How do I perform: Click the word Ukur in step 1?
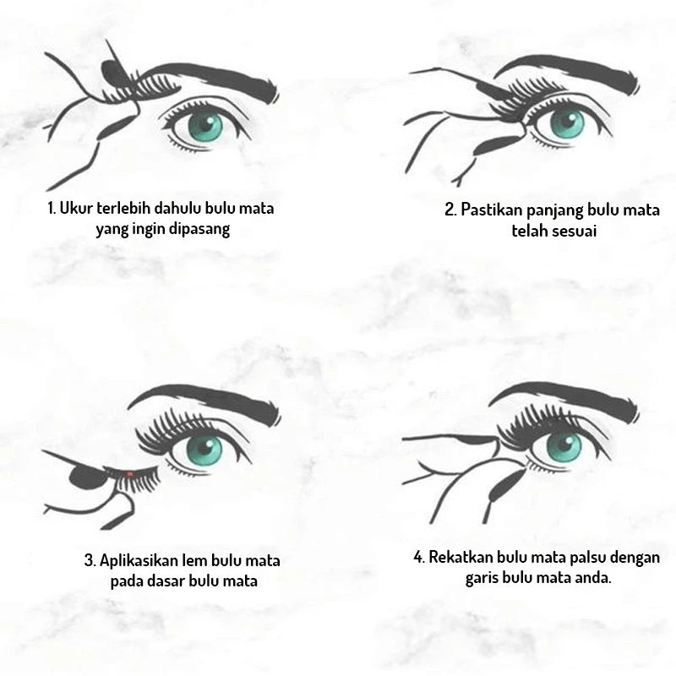[76, 208]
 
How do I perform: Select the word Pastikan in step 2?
[492, 210]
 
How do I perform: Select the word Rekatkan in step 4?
[461, 557]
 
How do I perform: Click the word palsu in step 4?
[587, 558]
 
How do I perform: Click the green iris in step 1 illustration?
[205, 125]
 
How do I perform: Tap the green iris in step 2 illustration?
[567, 122]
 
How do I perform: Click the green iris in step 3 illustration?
[204, 449]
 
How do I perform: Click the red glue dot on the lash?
[130, 474]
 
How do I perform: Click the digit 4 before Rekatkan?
[417, 558]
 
